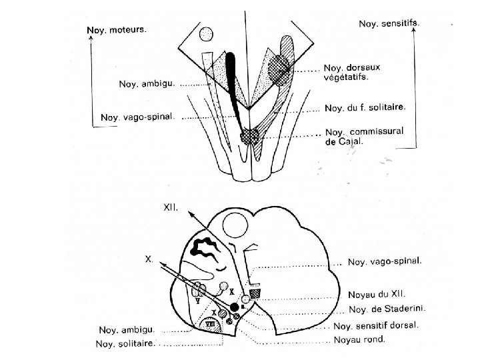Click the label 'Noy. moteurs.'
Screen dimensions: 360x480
tap(117, 31)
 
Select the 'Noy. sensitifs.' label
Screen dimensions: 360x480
tap(389, 23)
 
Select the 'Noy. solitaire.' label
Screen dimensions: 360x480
tap(127, 344)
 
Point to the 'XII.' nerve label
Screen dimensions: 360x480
tap(171, 207)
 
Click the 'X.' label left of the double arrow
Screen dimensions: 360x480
tap(150, 258)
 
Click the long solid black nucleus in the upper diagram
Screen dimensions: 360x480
tap(233, 80)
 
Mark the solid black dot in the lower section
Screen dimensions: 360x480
tap(234, 306)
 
